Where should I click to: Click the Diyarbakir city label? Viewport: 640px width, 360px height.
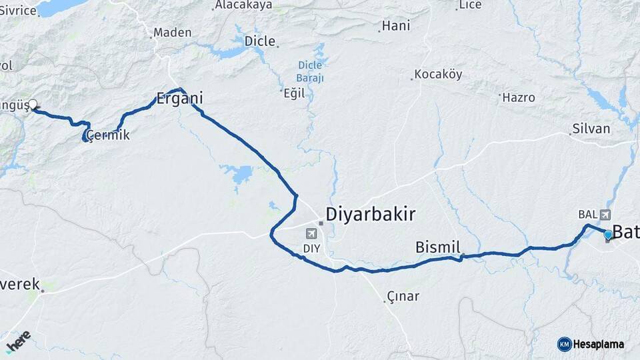[370, 214]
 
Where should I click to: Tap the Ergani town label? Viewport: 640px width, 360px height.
[179, 99]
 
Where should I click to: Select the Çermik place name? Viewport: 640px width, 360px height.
[108, 135]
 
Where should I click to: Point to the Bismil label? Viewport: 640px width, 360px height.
[438, 247]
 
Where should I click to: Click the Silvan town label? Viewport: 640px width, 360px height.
[591, 129]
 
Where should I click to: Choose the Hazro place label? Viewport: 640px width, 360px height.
[519, 97]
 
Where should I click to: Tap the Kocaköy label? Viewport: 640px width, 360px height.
[438, 74]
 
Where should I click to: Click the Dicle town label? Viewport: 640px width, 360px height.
[260, 41]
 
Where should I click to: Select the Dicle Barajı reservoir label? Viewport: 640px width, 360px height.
[310, 71]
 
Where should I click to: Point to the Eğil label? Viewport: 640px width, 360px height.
[294, 93]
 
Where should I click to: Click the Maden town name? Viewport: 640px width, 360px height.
[172, 32]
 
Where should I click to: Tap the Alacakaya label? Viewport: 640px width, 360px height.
[243, 5]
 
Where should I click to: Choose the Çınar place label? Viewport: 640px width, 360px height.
[403, 296]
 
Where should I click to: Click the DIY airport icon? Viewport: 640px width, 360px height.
[311, 233]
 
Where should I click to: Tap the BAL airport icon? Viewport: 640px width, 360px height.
[605, 215]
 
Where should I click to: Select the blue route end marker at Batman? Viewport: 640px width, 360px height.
[607, 235]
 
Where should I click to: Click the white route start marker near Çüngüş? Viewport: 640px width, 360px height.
[33, 105]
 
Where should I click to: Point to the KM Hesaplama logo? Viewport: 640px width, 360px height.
[591, 344]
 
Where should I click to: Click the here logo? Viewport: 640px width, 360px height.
[18, 341]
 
